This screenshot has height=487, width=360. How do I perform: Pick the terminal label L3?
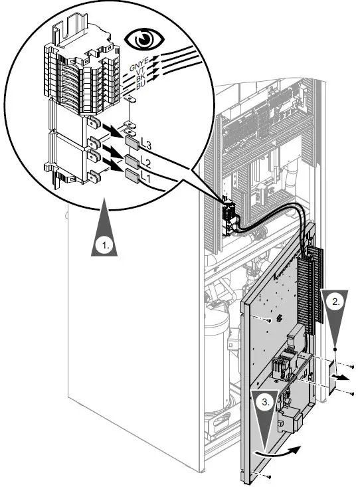pyautogui.click(x=147, y=145)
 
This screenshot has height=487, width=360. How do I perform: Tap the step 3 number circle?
pyautogui.click(x=266, y=402)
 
